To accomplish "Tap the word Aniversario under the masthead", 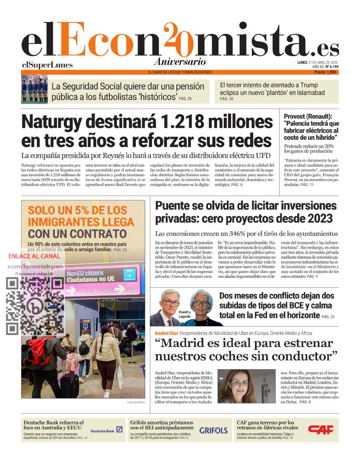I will coord(180,62).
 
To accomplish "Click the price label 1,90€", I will coord(328,72).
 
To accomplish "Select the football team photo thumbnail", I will coord(34,89).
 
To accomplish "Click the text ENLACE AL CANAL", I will coord(34,256).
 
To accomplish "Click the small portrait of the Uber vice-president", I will coord(246,386).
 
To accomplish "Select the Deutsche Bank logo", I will coord(107,431).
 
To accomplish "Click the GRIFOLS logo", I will coord(214,430).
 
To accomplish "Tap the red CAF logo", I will coord(321,429).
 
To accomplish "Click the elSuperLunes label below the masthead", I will coord(47,65).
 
